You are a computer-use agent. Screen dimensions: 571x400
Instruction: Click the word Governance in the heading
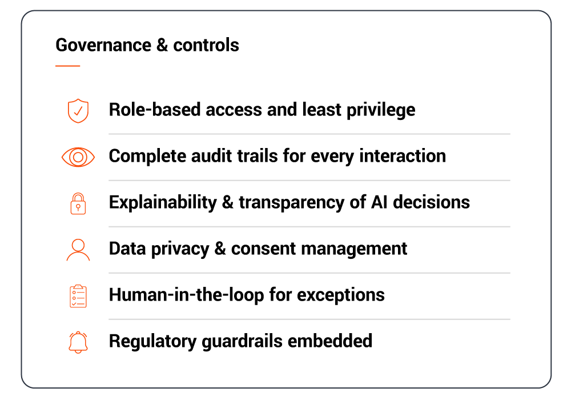pyautogui.click(x=103, y=45)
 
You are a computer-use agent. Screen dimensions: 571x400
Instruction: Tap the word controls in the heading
pyautogui.click(x=206, y=45)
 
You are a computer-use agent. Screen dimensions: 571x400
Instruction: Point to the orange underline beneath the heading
pyautogui.click(x=68, y=66)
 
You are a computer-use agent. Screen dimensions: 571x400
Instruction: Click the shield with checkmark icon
pyautogui.click(x=78, y=111)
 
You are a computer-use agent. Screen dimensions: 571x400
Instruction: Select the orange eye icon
pyautogui.click(x=78, y=157)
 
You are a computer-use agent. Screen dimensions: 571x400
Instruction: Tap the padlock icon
pyautogui.click(x=78, y=203)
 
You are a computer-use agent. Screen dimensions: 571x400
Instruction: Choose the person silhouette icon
pyautogui.click(x=78, y=250)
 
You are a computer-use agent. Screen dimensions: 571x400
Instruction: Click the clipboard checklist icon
pyautogui.click(x=78, y=296)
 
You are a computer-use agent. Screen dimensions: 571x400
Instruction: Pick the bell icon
pyautogui.click(x=78, y=342)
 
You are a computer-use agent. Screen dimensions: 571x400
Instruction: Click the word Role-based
pyautogui.click(x=155, y=110)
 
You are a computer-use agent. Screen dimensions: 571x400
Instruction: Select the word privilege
pyautogui.click(x=381, y=110)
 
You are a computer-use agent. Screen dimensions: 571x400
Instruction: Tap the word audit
pyautogui.click(x=212, y=156)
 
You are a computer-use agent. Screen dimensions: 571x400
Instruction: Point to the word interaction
pyautogui.click(x=403, y=156)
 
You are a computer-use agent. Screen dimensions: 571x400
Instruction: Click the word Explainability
pyautogui.click(x=163, y=202)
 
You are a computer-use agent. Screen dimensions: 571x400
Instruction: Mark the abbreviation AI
pyautogui.click(x=380, y=202)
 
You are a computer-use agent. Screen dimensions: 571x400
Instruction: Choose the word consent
pyautogui.click(x=263, y=249)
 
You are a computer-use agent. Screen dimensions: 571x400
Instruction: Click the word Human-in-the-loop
pyautogui.click(x=187, y=295)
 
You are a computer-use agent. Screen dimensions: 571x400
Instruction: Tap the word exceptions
pyautogui.click(x=341, y=295)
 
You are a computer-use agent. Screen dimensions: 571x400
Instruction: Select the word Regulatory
pyautogui.click(x=153, y=342)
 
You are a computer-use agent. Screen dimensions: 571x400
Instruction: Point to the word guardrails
pyautogui.click(x=242, y=342)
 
